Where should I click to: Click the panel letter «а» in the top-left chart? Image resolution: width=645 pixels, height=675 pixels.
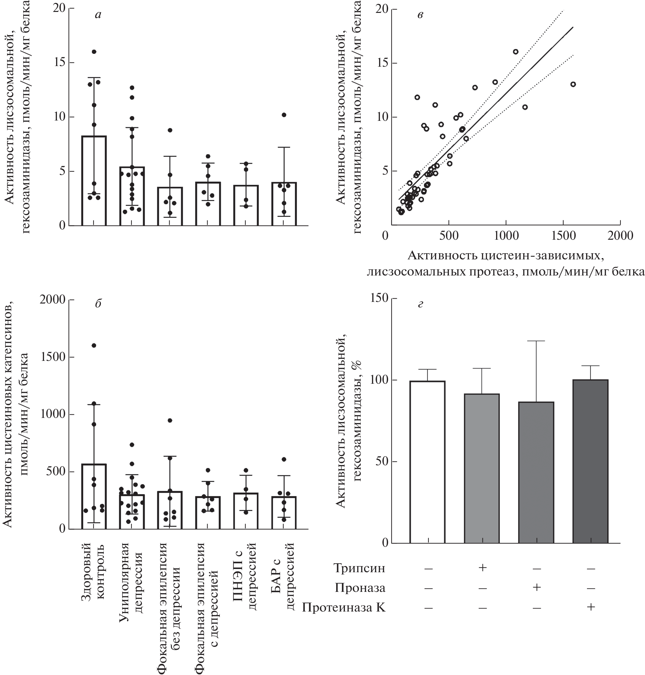click(98, 15)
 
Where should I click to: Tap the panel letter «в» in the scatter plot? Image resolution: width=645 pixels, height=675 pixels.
click(420, 15)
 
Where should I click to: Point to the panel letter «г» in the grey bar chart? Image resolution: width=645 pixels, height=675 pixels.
click(420, 304)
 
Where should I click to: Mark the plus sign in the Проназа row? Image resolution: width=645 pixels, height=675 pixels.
click(536, 587)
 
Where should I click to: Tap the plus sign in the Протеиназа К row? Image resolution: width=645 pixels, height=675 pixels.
click(591, 607)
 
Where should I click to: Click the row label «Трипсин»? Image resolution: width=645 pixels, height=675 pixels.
click(359, 568)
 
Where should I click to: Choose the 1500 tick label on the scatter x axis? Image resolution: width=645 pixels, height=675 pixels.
click(563, 236)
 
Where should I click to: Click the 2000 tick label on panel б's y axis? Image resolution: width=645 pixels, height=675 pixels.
click(52, 300)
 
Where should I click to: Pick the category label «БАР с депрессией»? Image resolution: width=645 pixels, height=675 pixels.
click(284, 576)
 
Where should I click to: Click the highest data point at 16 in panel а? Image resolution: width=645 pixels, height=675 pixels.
click(94, 52)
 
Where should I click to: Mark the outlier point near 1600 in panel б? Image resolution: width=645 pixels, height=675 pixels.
click(94, 345)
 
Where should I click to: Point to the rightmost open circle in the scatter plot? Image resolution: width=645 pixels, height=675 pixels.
click(573, 84)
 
